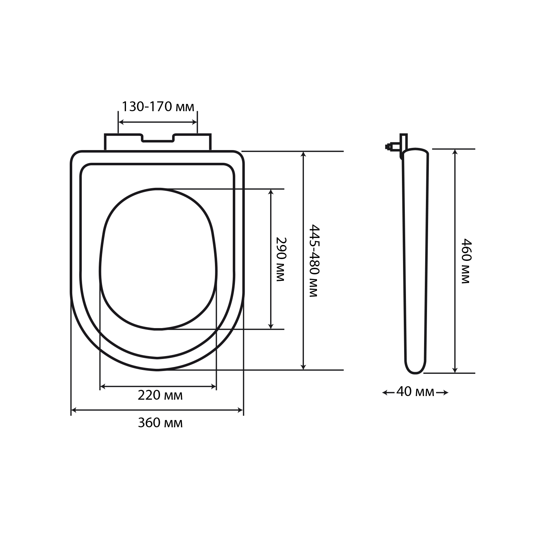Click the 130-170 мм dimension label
(158, 107)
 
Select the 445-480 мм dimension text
(314, 261)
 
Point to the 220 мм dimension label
(160, 395)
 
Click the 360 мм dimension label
(160, 423)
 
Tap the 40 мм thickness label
(415, 392)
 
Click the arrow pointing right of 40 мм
(442, 392)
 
